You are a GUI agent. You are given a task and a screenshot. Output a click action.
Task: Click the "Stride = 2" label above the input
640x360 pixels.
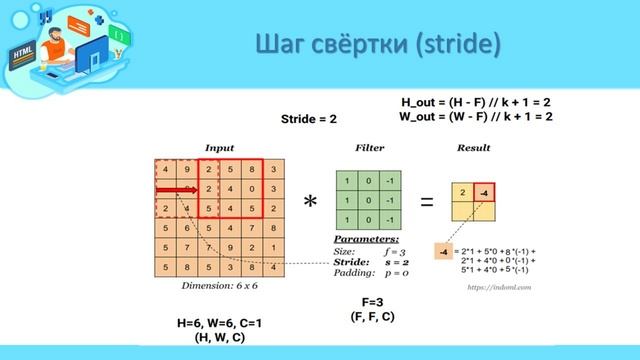click(x=308, y=119)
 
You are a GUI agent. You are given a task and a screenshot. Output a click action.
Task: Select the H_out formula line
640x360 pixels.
click(x=476, y=102)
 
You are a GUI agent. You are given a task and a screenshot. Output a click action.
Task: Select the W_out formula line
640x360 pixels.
click(x=476, y=116)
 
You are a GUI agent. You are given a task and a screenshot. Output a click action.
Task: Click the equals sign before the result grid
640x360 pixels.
click(x=427, y=202)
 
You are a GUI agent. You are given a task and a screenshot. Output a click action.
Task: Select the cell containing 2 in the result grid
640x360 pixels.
click(x=463, y=192)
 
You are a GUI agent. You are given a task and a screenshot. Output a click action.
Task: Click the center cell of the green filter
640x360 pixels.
click(x=369, y=200)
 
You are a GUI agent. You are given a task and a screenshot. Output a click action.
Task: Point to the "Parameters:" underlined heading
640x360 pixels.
click(x=364, y=239)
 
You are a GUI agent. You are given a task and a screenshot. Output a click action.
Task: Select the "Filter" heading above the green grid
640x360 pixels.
click(x=369, y=148)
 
